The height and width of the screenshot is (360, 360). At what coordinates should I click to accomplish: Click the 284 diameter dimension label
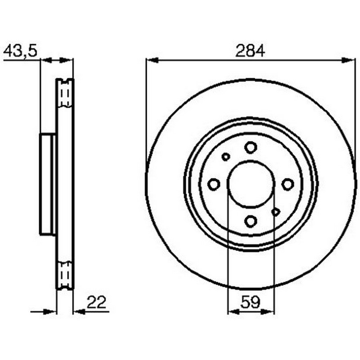point(250,51)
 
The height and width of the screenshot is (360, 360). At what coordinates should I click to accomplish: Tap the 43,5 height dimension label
point(20,51)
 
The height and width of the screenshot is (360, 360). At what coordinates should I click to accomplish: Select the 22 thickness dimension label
point(96,302)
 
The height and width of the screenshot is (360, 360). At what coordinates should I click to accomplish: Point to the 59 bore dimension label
point(250,302)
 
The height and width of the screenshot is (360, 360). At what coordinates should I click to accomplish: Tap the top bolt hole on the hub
point(251,148)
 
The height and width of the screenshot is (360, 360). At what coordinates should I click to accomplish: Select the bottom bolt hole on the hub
point(251,221)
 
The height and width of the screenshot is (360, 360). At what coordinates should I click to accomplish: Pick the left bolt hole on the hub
point(214,184)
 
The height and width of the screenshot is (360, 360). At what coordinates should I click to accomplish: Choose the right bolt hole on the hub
point(288,184)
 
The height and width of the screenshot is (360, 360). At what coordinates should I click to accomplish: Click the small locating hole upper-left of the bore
point(226,157)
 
